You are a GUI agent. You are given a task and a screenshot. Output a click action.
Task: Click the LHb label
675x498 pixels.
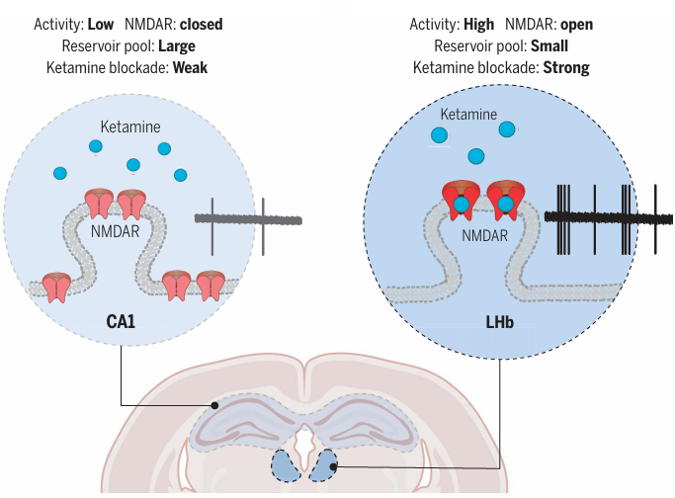coord(500,321)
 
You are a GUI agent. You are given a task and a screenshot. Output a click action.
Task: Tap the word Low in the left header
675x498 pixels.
coord(100,23)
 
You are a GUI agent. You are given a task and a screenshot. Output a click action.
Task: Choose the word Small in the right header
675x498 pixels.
coord(548,45)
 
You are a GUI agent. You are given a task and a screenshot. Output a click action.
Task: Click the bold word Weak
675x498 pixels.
coord(189,68)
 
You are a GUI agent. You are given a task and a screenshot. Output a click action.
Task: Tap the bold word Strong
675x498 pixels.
coord(565,68)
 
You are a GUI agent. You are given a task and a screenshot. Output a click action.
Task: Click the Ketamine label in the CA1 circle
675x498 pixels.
coord(129,127)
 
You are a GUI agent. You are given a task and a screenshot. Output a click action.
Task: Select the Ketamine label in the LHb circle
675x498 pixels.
coord(468,115)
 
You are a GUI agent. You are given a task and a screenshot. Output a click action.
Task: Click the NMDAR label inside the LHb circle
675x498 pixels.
coord(484,236)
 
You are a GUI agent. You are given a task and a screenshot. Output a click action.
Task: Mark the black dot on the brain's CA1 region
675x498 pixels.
coord(215,405)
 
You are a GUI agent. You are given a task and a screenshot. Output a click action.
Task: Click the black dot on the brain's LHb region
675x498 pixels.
coord(335,466)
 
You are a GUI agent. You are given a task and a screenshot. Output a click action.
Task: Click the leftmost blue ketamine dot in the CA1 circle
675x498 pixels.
coord(60,174)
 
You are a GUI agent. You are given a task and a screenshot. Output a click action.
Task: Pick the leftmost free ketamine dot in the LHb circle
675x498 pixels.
coord(438,134)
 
